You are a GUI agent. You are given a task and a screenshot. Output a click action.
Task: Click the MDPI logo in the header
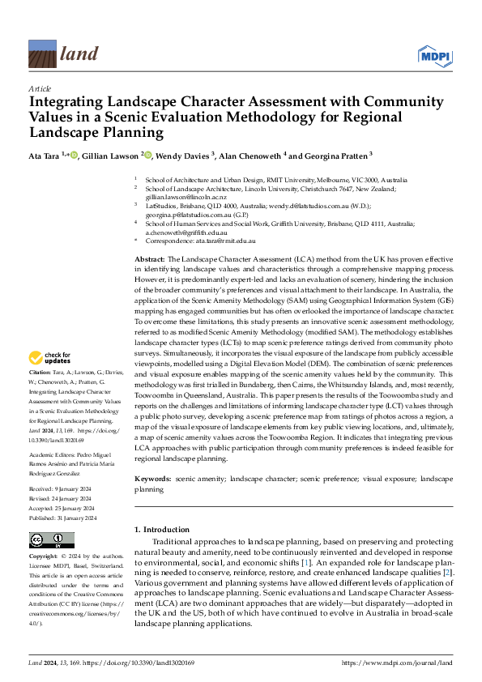tap(433, 54)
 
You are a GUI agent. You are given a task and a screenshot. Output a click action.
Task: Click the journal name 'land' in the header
tap(79, 54)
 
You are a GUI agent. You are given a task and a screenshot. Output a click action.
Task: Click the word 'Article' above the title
tap(40, 87)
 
